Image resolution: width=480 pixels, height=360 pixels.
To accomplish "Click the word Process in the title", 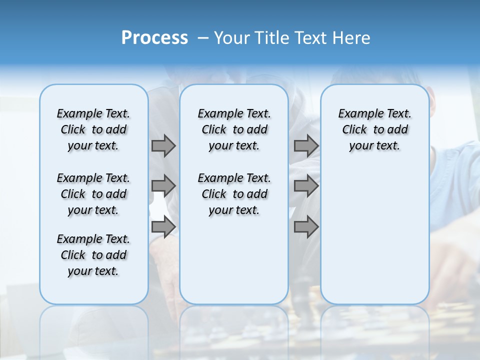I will pyautogui.click(x=154, y=37).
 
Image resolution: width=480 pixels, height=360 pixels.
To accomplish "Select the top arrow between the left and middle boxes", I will pyautogui.click(x=163, y=145).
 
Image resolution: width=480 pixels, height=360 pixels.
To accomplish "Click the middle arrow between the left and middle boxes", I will pyautogui.click(x=163, y=186).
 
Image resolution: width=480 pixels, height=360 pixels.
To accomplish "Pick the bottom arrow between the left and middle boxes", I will pyautogui.click(x=163, y=227).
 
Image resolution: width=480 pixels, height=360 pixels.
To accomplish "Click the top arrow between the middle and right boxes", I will pyautogui.click(x=306, y=145).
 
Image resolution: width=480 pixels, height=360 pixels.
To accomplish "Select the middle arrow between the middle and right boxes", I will pyautogui.click(x=306, y=186).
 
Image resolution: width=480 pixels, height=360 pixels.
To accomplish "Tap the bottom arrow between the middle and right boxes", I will pyautogui.click(x=306, y=227).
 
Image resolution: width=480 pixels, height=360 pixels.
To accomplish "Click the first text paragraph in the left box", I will pyautogui.click(x=93, y=129).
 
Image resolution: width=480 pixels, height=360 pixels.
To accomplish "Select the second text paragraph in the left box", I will pyautogui.click(x=93, y=194).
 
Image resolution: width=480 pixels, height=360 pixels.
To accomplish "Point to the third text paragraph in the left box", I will pyautogui.click(x=93, y=255).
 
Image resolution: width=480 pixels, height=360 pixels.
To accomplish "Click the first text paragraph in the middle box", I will pyautogui.click(x=234, y=129).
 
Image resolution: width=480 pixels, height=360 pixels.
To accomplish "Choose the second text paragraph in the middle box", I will pyautogui.click(x=234, y=194).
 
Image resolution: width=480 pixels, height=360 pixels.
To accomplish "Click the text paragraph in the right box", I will pyautogui.click(x=375, y=129).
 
